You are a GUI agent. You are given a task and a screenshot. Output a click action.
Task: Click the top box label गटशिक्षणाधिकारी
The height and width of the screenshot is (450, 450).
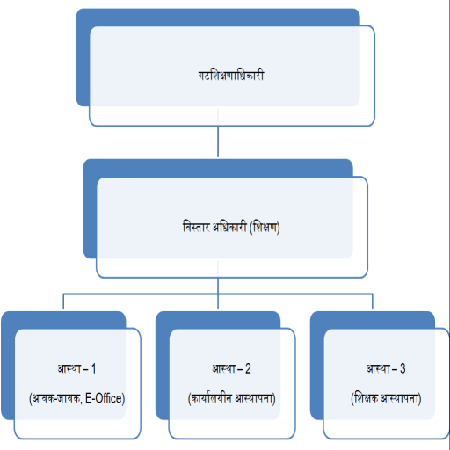(231, 76)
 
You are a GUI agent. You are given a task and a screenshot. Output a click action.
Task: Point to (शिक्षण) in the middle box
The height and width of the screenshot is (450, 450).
(265, 228)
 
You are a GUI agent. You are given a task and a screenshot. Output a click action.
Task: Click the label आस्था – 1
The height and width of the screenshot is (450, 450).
(76, 368)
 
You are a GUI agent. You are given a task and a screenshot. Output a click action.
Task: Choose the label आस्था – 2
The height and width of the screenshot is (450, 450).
(231, 368)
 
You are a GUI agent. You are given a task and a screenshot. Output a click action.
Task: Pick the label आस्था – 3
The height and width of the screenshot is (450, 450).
(386, 368)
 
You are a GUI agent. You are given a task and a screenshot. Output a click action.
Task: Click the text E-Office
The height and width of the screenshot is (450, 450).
(105, 398)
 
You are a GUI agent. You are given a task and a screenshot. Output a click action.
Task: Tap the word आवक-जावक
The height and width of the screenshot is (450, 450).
(55, 399)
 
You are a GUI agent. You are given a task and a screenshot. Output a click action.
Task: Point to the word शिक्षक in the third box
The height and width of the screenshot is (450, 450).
(365, 398)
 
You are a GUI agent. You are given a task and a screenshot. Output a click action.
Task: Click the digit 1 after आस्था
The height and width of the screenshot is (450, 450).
(93, 368)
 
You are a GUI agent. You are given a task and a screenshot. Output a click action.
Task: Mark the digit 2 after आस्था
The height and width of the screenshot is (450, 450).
(248, 368)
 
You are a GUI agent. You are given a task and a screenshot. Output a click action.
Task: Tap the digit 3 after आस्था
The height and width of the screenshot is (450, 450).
(403, 368)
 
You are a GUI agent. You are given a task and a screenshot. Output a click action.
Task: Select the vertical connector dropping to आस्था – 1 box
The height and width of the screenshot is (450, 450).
(63, 301)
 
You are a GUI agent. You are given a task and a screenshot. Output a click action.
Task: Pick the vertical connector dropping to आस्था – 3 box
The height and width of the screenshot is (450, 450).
(373, 301)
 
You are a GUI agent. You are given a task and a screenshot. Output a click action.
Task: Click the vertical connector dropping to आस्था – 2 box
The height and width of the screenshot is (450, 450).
(218, 294)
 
